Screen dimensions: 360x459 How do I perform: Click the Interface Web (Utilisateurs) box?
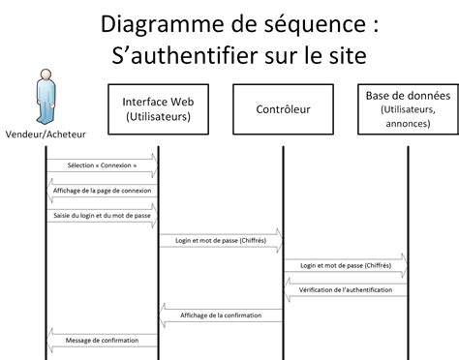coord(158,109)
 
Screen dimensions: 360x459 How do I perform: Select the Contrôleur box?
coord(283,109)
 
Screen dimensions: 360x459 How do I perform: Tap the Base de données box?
coord(407,109)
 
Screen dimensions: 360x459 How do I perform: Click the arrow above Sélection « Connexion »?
coord(101,155)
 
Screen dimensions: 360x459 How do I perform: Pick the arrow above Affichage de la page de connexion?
coord(101,181)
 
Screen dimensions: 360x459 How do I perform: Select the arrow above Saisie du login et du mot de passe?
coord(101,206)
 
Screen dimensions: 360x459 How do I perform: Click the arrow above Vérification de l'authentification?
coord(345,283)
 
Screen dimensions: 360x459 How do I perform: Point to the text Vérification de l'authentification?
coord(346,290)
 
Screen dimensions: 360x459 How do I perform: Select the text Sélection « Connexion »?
coord(102,165)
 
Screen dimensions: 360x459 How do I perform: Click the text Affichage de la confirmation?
coord(221,315)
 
